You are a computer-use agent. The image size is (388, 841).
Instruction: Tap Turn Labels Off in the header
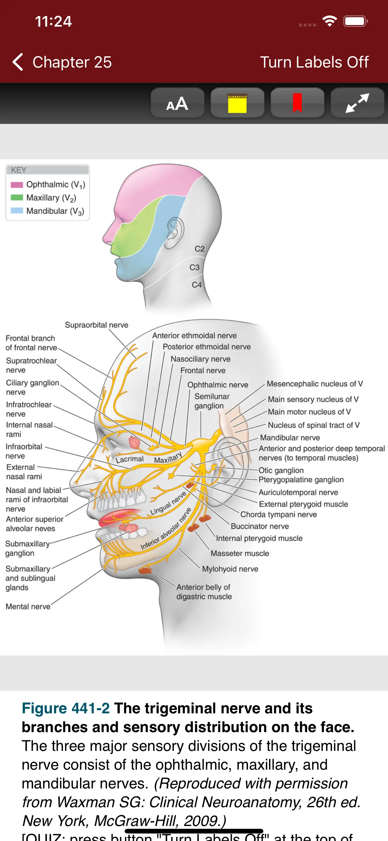click(314, 62)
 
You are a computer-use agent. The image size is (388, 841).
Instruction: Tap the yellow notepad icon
click(237, 103)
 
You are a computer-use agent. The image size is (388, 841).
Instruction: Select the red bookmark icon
click(297, 103)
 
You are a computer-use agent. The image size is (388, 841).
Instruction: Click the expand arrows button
click(357, 103)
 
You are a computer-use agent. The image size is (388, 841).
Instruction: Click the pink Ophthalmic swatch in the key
click(17, 185)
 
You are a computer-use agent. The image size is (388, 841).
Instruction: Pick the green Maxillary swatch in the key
click(17, 198)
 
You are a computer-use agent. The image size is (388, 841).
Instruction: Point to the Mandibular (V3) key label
click(55, 211)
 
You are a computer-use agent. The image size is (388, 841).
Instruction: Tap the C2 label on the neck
click(200, 249)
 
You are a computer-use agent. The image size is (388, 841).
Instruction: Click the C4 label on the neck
click(196, 285)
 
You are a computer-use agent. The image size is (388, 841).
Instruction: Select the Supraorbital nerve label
click(97, 325)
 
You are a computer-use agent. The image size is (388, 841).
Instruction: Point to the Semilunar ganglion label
click(211, 401)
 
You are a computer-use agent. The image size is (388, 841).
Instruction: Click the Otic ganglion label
click(281, 470)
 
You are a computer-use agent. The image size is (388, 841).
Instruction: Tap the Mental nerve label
click(28, 607)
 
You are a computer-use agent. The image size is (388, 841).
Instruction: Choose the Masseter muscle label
click(240, 553)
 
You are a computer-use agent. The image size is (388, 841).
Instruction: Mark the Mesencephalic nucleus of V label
click(315, 384)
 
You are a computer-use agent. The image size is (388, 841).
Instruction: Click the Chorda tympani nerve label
click(278, 515)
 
